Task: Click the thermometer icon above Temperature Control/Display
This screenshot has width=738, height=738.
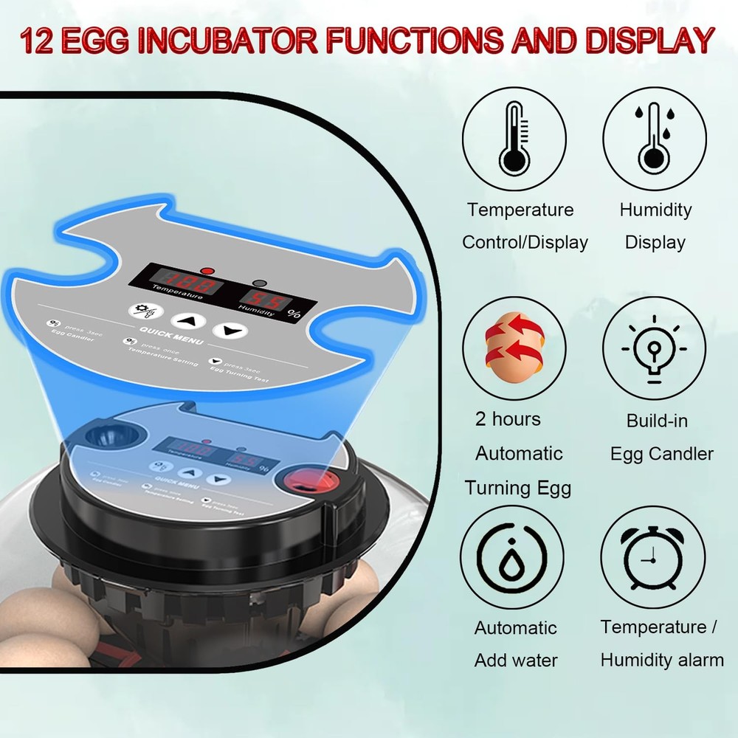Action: [514, 138]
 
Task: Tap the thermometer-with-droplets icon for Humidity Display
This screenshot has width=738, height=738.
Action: [654, 138]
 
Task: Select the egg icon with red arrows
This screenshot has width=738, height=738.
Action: [514, 348]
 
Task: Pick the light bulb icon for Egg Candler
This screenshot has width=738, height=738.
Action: [654, 348]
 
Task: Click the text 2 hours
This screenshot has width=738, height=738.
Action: [508, 419]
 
